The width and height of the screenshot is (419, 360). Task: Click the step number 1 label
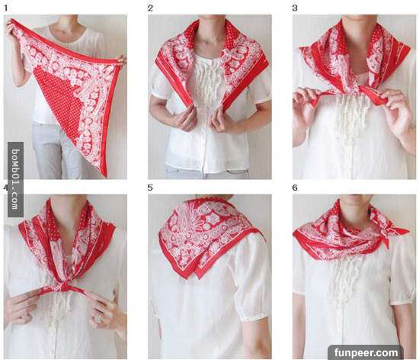point(5,8)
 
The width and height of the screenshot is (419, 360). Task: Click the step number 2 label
point(150,8)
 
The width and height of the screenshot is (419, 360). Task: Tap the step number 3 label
point(295,8)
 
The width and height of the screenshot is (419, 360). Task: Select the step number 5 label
point(150,188)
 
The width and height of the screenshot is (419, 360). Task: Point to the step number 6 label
point(295,188)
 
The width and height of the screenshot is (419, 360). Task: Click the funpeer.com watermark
point(366,352)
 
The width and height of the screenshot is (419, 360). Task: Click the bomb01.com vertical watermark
point(15,179)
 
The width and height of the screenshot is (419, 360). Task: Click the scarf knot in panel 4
point(64,287)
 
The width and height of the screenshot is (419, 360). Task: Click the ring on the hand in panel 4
point(98,318)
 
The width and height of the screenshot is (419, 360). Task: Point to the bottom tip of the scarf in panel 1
point(105,176)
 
